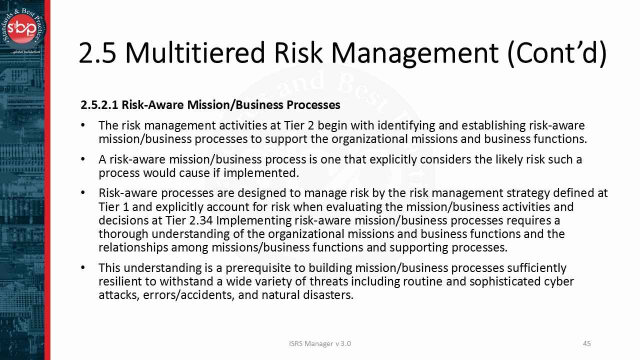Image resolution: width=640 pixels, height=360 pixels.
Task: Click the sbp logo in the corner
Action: (x=23, y=28)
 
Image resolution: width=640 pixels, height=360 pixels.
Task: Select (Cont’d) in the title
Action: (x=556, y=52)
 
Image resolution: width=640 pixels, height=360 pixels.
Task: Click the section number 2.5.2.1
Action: (x=99, y=105)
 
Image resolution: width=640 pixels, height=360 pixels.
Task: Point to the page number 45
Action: (x=587, y=343)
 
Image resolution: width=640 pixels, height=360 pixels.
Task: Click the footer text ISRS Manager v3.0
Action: (x=320, y=343)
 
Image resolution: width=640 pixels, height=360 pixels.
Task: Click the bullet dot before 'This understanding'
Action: (x=83, y=268)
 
